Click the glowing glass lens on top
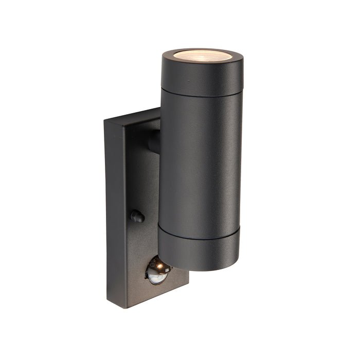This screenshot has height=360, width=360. pyautogui.click(x=203, y=55)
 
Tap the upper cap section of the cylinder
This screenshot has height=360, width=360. pyautogui.click(x=202, y=75)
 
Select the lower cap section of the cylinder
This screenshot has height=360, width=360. pyautogui.click(x=198, y=252)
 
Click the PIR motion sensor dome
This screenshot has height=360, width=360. pyautogui.click(x=157, y=271)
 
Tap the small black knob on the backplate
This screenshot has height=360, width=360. pyautogui.click(x=137, y=217)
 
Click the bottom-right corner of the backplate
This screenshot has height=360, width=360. pyautogui.click(x=187, y=282)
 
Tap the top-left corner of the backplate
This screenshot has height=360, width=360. pyautogui.click(x=105, y=121)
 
